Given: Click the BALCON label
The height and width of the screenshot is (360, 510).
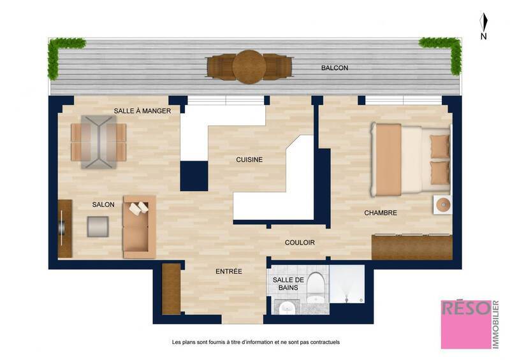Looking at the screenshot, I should click(x=335, y=68).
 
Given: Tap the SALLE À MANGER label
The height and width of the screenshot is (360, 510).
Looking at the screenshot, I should click(x=143, y=111).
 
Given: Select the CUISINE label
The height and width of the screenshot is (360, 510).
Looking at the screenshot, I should click(x=249, y=159).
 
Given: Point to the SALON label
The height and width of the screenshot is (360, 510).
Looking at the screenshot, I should click(x=103, y=205).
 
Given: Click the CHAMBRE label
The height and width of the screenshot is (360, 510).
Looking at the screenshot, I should click(x=381, y=213).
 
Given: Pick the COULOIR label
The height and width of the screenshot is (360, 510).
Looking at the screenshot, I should click(x=300, y=242).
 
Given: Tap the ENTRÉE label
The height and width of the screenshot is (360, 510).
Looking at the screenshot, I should click(x=229, y=271).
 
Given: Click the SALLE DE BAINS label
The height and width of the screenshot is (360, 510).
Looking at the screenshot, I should click(x=285, y=284).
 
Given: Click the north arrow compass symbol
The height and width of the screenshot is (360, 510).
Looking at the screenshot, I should click(x=484, y=24).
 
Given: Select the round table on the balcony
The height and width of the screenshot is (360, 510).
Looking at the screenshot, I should click(x=249, y=67).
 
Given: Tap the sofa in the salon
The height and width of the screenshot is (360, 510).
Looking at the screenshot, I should click(x=139, y=226).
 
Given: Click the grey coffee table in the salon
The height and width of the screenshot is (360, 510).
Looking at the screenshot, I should click(x=98, y=227).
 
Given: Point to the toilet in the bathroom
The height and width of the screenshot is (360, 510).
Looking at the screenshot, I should click(x=316, y=287).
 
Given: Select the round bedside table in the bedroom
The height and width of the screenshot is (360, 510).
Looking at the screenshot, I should click(x=442, y=205).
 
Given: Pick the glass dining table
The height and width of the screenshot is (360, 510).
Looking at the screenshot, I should click(x=98, y=141).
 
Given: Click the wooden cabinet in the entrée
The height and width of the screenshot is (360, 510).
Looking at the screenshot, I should click(x=171, y=289).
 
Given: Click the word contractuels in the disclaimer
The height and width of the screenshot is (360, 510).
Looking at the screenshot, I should click(x=323, y=342).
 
